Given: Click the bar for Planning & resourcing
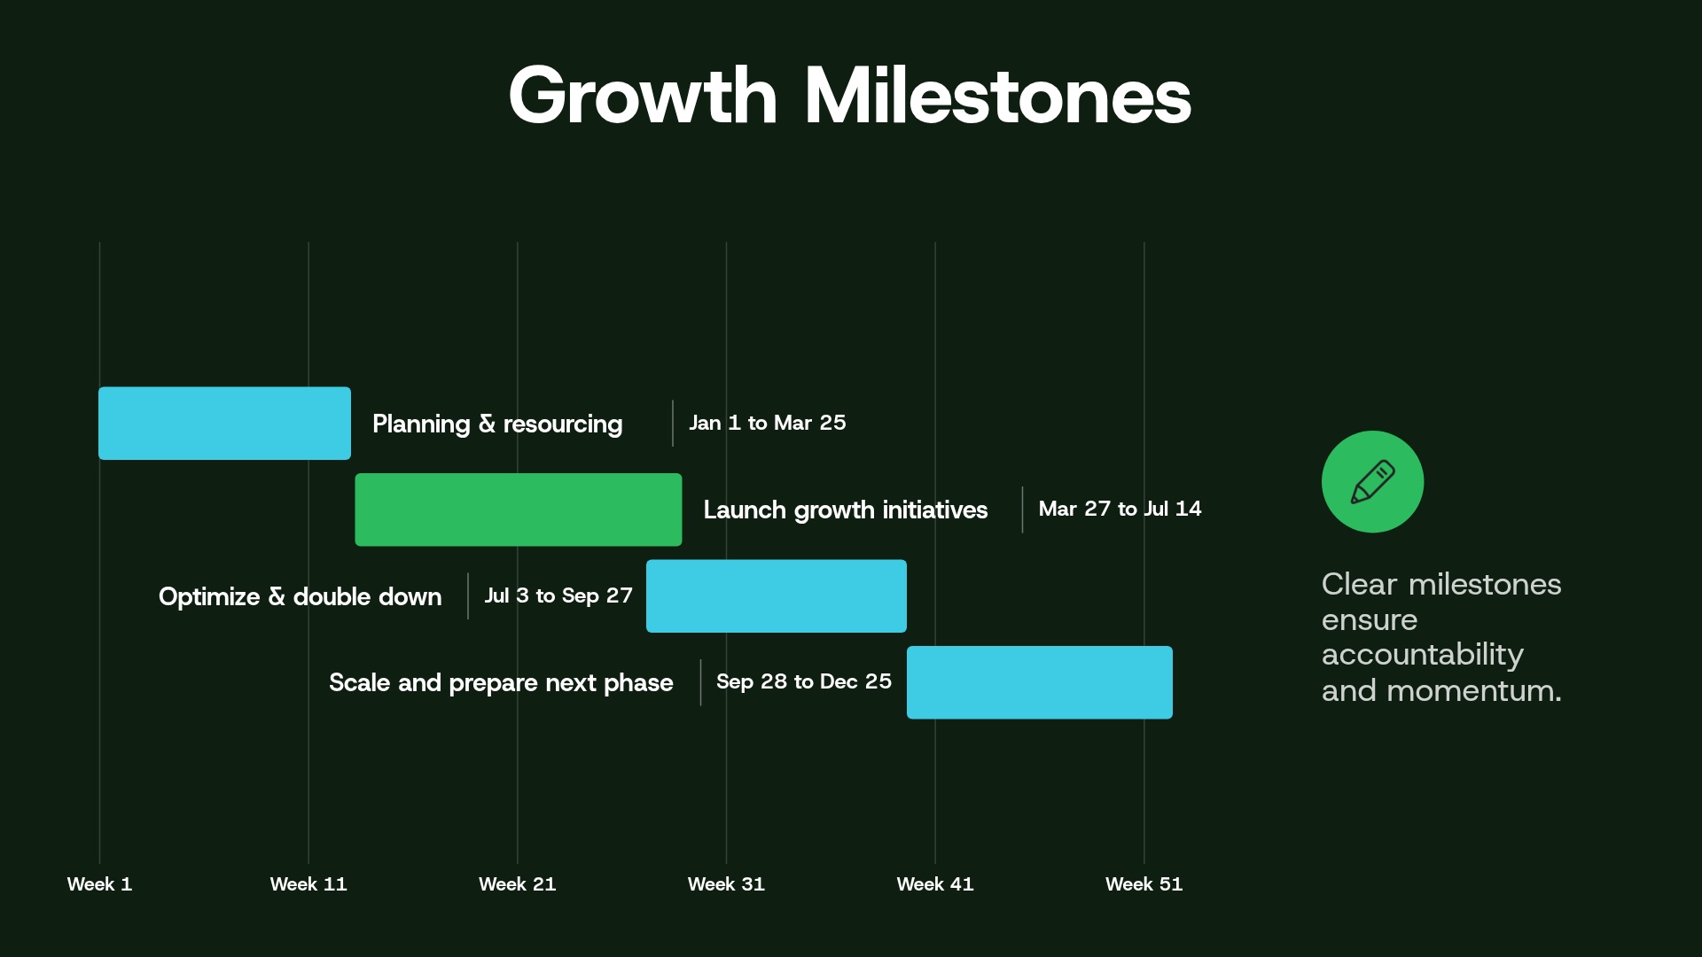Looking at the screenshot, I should tap(224, 424).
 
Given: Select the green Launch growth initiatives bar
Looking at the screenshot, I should tap(519, 510).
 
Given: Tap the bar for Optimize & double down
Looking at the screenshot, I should tap(777, 595).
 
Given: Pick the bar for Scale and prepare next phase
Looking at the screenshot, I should tap(1039, 682).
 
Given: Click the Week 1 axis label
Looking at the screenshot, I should tap(99, 884).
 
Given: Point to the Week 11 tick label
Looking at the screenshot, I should tap(308, 884).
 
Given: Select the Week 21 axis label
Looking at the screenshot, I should tap(518, 884).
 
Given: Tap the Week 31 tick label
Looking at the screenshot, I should tap(726, 884).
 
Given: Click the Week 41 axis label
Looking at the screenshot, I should tap(935, 884).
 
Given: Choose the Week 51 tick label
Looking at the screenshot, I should tap(1144, 884).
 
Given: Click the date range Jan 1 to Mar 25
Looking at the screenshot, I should tap(768, 423).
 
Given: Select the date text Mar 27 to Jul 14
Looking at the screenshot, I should tap(1120, 509).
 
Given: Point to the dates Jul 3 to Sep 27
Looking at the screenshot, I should tap(558, 595).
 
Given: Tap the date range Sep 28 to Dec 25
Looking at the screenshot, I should tap(804, 681).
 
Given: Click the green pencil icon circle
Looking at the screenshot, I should tap(1372, 482).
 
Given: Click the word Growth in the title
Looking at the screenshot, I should tap(643, 96).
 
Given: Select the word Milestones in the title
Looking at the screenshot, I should tap(997, 96).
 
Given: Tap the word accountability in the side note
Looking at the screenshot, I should tap(1422, 655).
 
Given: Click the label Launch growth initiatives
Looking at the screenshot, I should tap(845, 510).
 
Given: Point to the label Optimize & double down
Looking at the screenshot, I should tap(300, 596).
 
